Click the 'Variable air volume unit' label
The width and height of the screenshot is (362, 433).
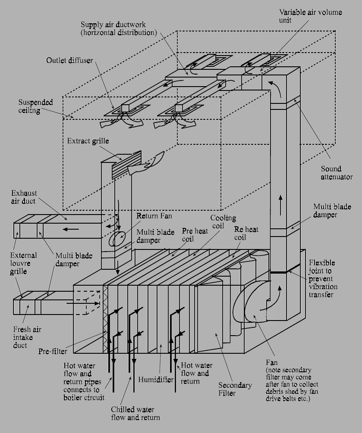coord(310,16)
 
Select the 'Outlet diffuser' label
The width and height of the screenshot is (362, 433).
coord(69,60)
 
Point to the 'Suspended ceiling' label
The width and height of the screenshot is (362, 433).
coord(36,106)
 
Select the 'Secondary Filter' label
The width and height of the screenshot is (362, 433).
coord(235,389)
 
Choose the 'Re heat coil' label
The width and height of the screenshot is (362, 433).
coord(246,233)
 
